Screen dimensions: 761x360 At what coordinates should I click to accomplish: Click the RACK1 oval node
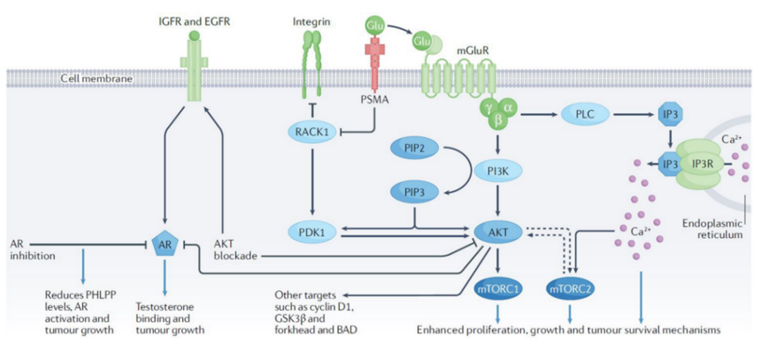pos(311,132)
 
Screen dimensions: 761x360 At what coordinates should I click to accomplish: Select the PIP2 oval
pos(415,148)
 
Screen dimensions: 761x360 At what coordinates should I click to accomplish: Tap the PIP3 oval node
pos(415,193)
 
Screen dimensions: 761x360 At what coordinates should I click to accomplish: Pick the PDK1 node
pos(311,232)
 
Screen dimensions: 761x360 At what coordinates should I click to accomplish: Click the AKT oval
pos(499,232)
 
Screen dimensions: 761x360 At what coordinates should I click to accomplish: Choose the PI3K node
pos(499,171)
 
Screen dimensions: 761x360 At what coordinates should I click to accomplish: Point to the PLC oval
pos(585,115)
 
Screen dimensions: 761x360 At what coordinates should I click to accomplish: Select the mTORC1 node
pos(499,289)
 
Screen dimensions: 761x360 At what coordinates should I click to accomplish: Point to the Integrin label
pos(309,22)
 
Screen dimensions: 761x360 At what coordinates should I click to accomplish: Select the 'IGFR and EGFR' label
pos(194,21)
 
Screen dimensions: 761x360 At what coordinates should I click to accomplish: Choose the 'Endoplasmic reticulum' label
pos(712,229)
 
